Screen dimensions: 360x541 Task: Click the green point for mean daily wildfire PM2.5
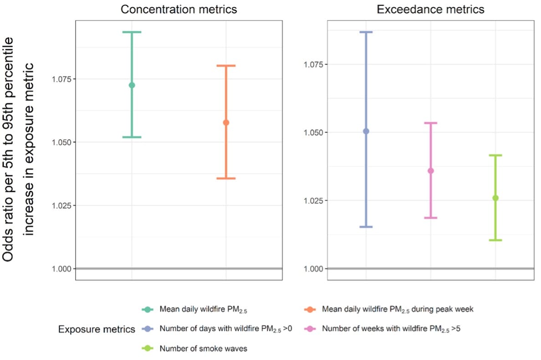(132, 85)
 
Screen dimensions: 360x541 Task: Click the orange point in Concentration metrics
(226, 122)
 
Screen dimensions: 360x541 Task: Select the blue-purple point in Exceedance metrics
(366, 131)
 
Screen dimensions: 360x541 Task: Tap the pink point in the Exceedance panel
(430, 171)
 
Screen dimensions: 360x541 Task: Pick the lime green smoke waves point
(495, 198)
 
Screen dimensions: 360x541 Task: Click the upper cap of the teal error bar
(132, 32)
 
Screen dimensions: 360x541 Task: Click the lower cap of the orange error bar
(226, 178)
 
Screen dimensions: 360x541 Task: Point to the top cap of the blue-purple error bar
(366, 32)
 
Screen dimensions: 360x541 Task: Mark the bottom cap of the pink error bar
(430, 218)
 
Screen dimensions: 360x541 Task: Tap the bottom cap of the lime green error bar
(495, 240)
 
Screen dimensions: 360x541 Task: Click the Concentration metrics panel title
(179, 10)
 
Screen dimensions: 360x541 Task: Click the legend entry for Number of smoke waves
(203, 349)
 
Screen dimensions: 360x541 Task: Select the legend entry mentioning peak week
(397, 309)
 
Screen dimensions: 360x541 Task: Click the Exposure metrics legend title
(97, 330)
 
